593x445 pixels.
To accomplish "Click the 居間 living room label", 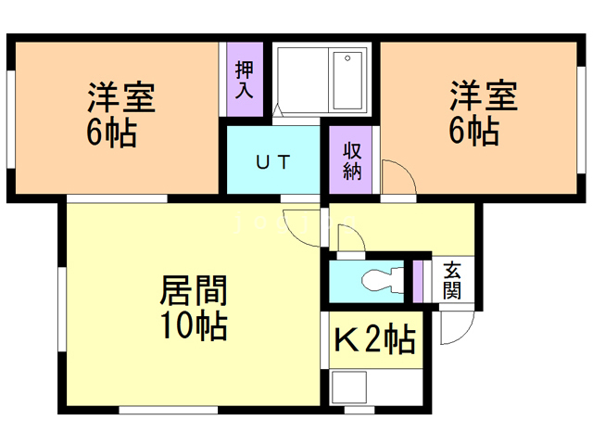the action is tap(194, 290).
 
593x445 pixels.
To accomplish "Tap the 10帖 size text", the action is tap(194, 325).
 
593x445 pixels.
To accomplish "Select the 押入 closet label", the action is tap(244, 80).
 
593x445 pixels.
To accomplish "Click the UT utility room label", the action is tap(273, 162).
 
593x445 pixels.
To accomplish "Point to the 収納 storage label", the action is tap(352, 161).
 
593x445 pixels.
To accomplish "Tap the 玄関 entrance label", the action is tap(452, 280).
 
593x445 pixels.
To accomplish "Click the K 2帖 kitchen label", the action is tap(374, 339).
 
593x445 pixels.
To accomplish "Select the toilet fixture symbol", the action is tap(383, 280).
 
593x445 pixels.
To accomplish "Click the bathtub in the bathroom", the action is tap(347, 81).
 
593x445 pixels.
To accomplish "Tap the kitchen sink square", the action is tap(348, 388).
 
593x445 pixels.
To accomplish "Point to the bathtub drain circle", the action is tap(347, 58).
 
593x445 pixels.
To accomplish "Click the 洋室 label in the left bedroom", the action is tap(121, 96).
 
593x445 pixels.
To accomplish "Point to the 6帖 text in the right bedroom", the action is tap(473, 131).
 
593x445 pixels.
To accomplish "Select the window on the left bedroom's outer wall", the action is tap(11, 119).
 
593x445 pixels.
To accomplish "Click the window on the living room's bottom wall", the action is tap(169, 410).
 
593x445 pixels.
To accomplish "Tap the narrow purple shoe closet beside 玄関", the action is tap(418, 282).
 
